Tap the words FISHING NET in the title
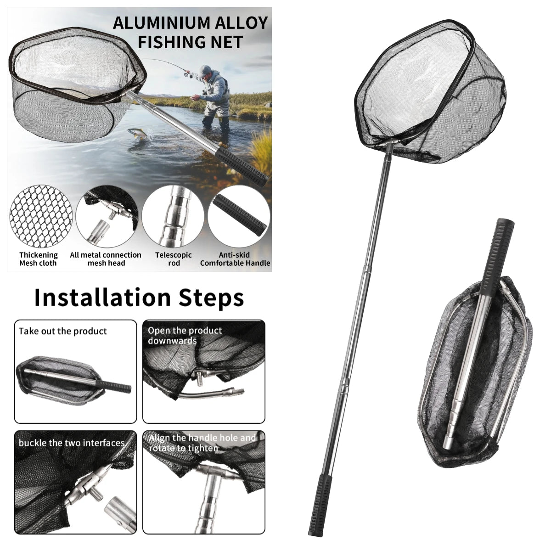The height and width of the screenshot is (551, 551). (x=191, y=42)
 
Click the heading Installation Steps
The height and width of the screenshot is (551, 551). (x=139, y=298)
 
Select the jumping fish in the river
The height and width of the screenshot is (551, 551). (x=138, y=134)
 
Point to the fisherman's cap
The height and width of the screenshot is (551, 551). (x=205, y=70)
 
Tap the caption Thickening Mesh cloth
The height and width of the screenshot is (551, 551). (x=38, y=259)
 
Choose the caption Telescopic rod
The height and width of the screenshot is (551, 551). (x=173, y=259)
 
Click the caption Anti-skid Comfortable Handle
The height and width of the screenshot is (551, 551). (x=235, y=259)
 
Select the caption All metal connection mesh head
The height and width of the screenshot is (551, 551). (x=106, y=259)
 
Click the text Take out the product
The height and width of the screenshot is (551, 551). (x=62, y=331)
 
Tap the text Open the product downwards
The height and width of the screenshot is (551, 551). (x=185, y=335)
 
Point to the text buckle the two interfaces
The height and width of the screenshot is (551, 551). (x=72, y=443)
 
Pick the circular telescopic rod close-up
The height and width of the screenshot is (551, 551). (x=173, y=216)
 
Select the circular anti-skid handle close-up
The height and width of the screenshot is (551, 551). (x=239, y=216)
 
